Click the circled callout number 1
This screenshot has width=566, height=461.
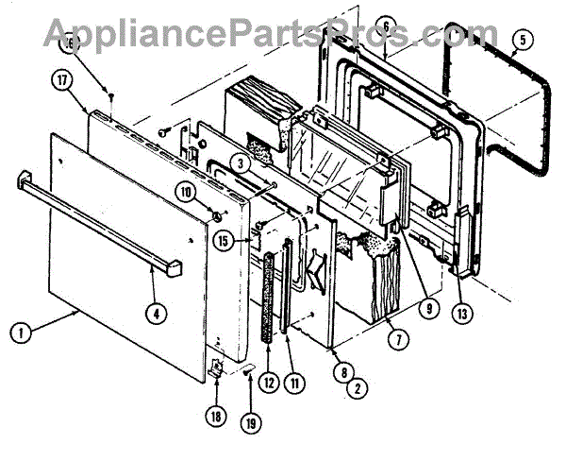18,332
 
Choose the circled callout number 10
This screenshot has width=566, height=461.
211,192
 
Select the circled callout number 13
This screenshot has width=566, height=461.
461,314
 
